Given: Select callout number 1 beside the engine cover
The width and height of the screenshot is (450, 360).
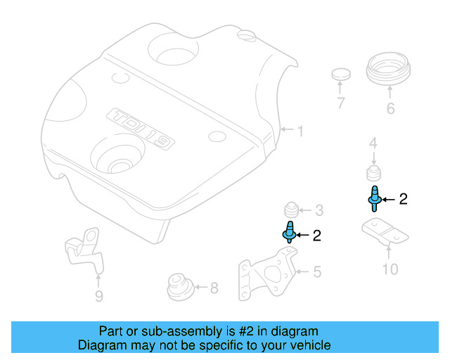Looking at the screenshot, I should click(x=300, y=131).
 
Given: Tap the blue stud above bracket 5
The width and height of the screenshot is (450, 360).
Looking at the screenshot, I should click(x=288, y=231).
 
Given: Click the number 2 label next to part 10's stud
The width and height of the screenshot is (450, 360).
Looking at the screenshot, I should click(x=403, y=200).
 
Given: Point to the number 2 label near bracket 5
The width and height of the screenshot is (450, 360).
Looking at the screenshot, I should click(x=316, y=236).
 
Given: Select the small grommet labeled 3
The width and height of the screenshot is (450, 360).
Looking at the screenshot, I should click(x=289, y=210).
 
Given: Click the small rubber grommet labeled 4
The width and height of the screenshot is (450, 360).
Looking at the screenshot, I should click(x=373, y=174).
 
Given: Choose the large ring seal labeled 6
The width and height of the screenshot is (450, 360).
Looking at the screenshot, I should click(x=389, y=70).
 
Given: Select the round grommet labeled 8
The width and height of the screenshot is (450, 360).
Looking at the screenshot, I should click(x=177, y=286).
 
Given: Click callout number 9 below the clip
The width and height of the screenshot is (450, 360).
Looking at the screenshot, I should click(x=98, y=297).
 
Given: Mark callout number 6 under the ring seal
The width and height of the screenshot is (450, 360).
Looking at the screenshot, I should click(x=390, y=109).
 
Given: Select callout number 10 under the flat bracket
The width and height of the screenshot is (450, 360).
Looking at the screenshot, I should click(x=390, y=269).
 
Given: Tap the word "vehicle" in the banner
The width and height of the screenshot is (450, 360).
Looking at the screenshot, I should click(x=310, y=345).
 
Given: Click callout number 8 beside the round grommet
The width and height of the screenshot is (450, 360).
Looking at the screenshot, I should click(x=214, y=287).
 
